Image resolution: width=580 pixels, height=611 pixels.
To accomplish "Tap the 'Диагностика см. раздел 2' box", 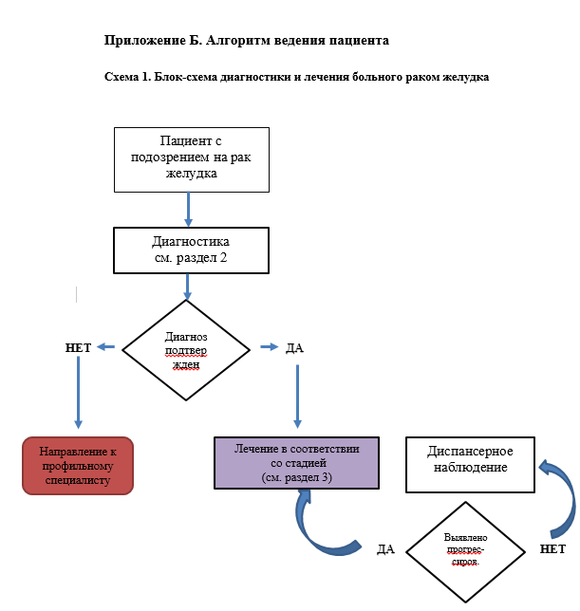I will coord(190,249).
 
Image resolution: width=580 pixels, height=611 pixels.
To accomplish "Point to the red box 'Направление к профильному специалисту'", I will coord(78,466).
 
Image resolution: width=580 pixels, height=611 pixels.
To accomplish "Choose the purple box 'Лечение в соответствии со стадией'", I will coord(296,462).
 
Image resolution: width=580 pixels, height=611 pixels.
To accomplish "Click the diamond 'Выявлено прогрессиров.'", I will coord(465,549).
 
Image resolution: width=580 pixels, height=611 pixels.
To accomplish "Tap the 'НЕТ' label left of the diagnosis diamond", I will coord(78,348).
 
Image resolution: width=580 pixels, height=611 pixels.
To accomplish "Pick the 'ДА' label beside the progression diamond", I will coord(385,549).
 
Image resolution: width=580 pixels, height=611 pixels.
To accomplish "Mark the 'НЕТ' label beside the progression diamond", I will coord(552,549).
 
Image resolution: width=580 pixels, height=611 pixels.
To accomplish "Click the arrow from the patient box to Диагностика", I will coord(189,208).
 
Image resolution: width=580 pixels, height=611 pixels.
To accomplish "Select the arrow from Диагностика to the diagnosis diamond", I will coord(187,285).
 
